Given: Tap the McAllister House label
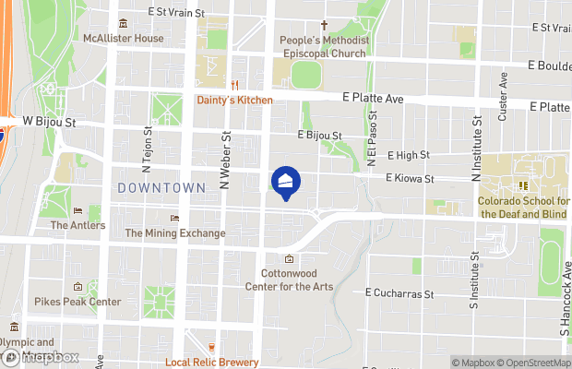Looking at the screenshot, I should click(123, 38).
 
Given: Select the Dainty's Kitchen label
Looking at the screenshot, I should click(234, 100).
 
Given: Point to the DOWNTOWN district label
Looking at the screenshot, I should click(161, 187).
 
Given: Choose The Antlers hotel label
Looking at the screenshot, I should click(77, 224).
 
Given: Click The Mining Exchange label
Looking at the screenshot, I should click(175, 233).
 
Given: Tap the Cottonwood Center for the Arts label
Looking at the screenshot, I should click(289, 280).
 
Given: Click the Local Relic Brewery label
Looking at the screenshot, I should click(211, 362).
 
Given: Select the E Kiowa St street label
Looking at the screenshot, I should click(410, 177).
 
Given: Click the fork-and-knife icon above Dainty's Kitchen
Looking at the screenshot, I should click(234, 86).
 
